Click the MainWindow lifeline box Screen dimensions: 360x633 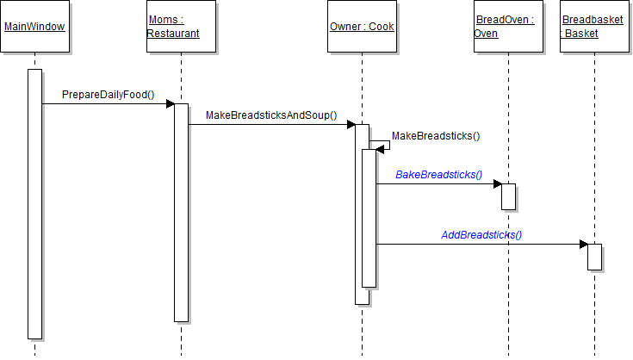click(34, 27)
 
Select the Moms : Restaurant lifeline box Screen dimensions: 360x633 click(181, 27)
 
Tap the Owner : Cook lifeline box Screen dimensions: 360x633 click(362, 27)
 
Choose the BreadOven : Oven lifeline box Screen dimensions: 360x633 click(508, 27)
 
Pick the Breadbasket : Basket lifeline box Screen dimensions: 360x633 click(594, 27)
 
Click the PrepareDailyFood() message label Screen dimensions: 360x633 click(108, 94)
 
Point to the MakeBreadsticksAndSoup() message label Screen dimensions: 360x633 click(271, 115)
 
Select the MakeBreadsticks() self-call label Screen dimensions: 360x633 click(436, 135)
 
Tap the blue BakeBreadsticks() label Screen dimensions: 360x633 click(438, 174)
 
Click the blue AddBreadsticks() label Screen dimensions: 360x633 click(481, 234)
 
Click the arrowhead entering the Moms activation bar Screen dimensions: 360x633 click(171, 104)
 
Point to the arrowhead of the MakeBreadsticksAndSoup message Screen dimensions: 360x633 click(351, 125)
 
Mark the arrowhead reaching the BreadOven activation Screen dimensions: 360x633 click(497, 183)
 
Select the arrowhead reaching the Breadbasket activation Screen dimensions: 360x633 click(583, 244)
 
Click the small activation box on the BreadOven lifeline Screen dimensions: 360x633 click(508, 196)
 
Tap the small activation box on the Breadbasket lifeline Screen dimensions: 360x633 click(594, 257)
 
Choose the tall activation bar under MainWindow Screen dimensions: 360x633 click(34, 203)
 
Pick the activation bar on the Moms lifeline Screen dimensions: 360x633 click(181, 212)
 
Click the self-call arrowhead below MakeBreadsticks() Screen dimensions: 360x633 click(380, 150)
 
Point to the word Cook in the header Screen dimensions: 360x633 click(382, 27)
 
